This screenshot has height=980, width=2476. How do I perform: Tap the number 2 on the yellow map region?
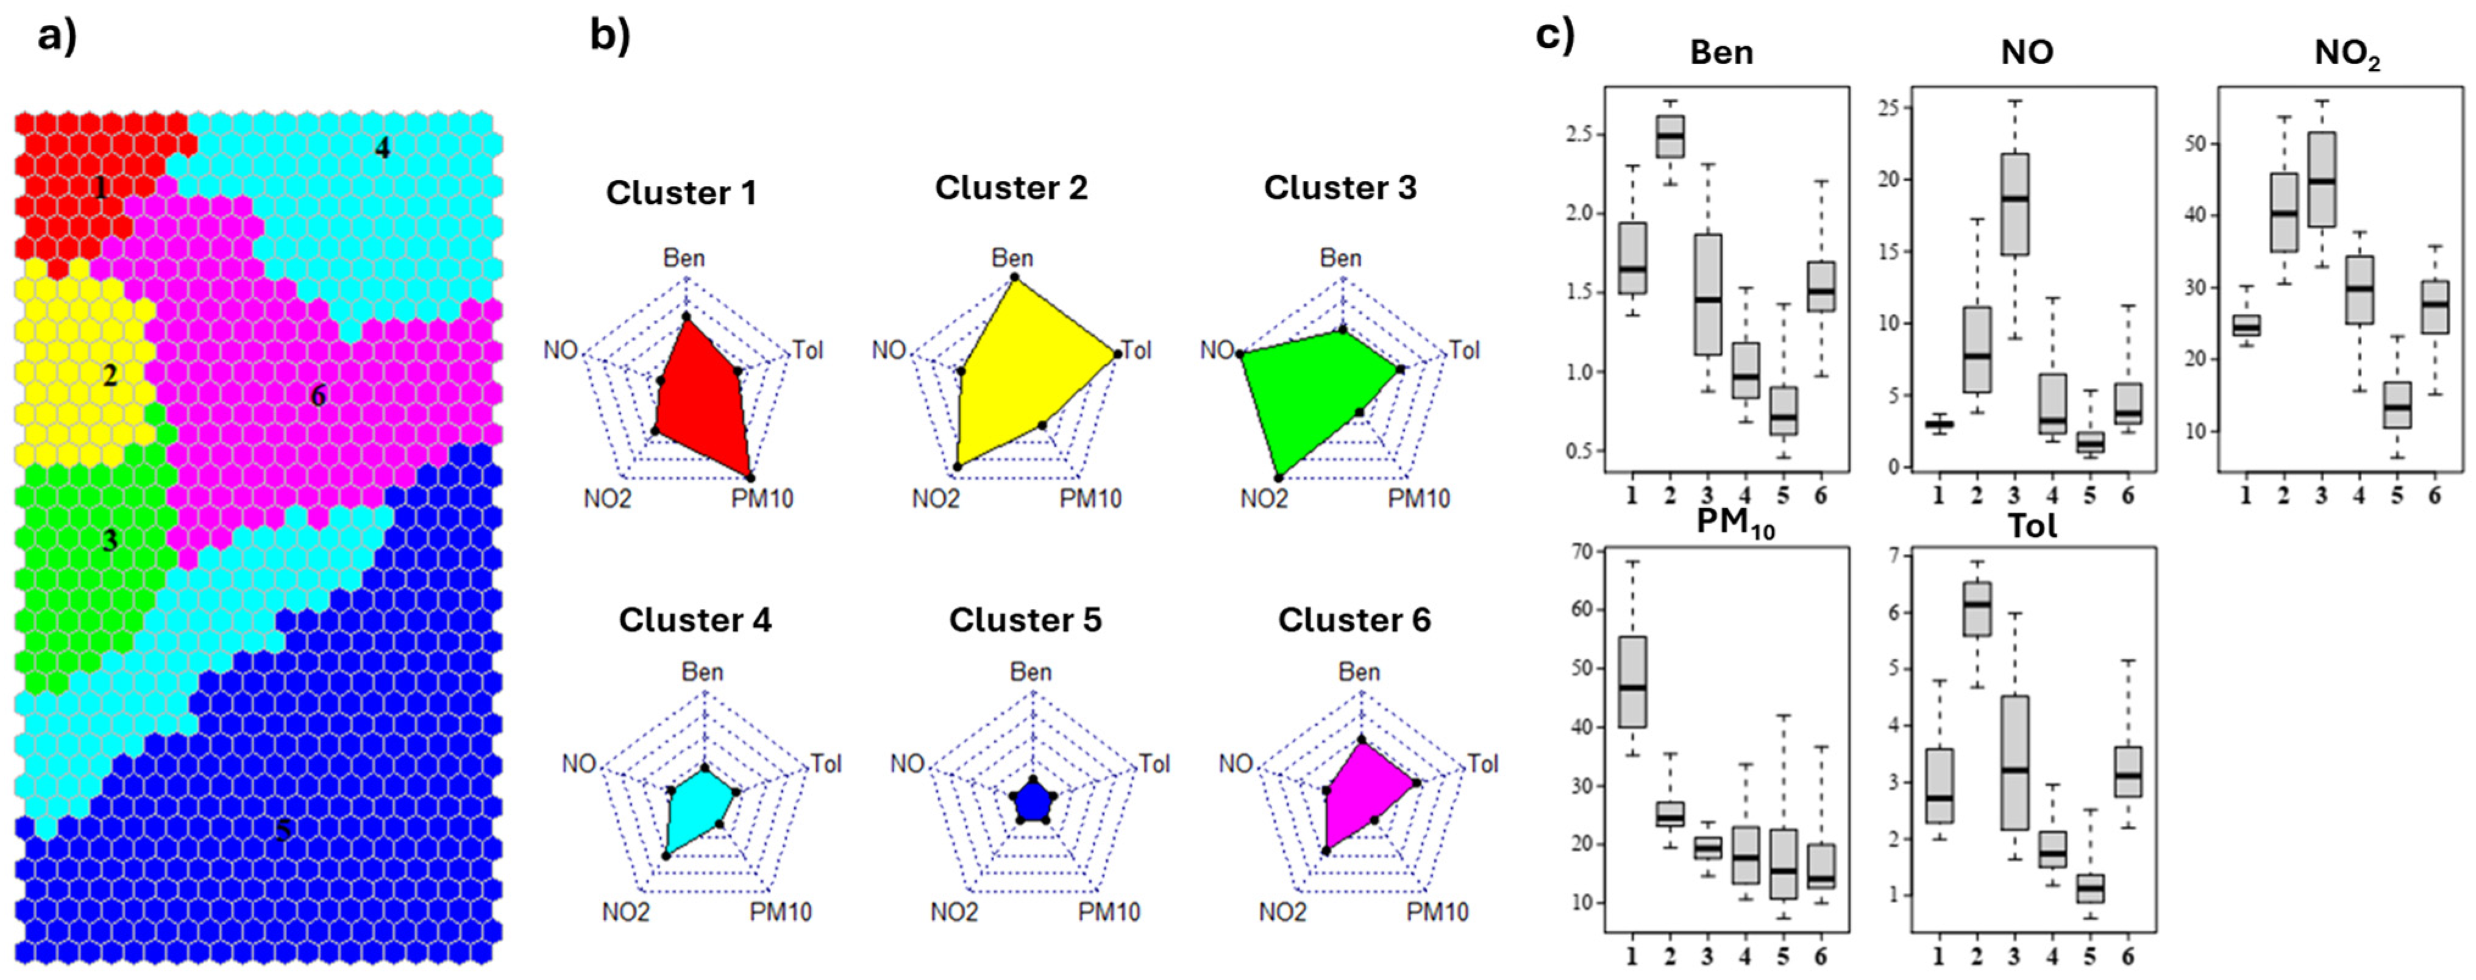point(110,375)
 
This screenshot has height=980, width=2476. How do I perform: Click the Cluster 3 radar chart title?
point(1340,187)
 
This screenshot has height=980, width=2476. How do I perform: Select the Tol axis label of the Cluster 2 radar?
point(1136,350)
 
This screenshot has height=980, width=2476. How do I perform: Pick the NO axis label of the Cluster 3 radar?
point(1217,350)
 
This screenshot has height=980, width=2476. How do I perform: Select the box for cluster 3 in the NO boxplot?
point(2015,204)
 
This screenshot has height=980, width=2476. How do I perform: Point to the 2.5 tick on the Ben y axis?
point(1579,133)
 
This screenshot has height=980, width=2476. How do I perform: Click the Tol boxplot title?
point(2032,525)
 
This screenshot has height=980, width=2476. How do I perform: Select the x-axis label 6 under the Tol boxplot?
point(2128,956)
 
